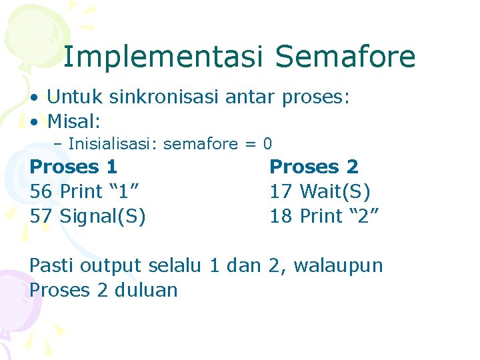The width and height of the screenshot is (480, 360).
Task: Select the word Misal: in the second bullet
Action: (x=74, y=121)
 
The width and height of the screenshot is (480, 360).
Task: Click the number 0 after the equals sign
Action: (x=267, y=143)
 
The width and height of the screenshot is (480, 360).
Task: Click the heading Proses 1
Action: (x=73, y=167)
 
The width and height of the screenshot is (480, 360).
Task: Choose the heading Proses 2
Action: (x=313, y=167)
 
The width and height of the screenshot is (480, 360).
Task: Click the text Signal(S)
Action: (x=103, y=216)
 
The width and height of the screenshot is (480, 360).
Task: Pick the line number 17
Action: (x=281, y=191)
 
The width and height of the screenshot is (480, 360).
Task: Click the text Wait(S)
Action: (x=335, y=191)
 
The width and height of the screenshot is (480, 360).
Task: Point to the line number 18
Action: (x=281, y=216)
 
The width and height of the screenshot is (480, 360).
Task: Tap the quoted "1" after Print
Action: (x=125, y=191)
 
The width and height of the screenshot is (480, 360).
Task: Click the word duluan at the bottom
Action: (x=146, y=290)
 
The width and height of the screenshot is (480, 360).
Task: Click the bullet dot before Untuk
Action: (x=33, y=98)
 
